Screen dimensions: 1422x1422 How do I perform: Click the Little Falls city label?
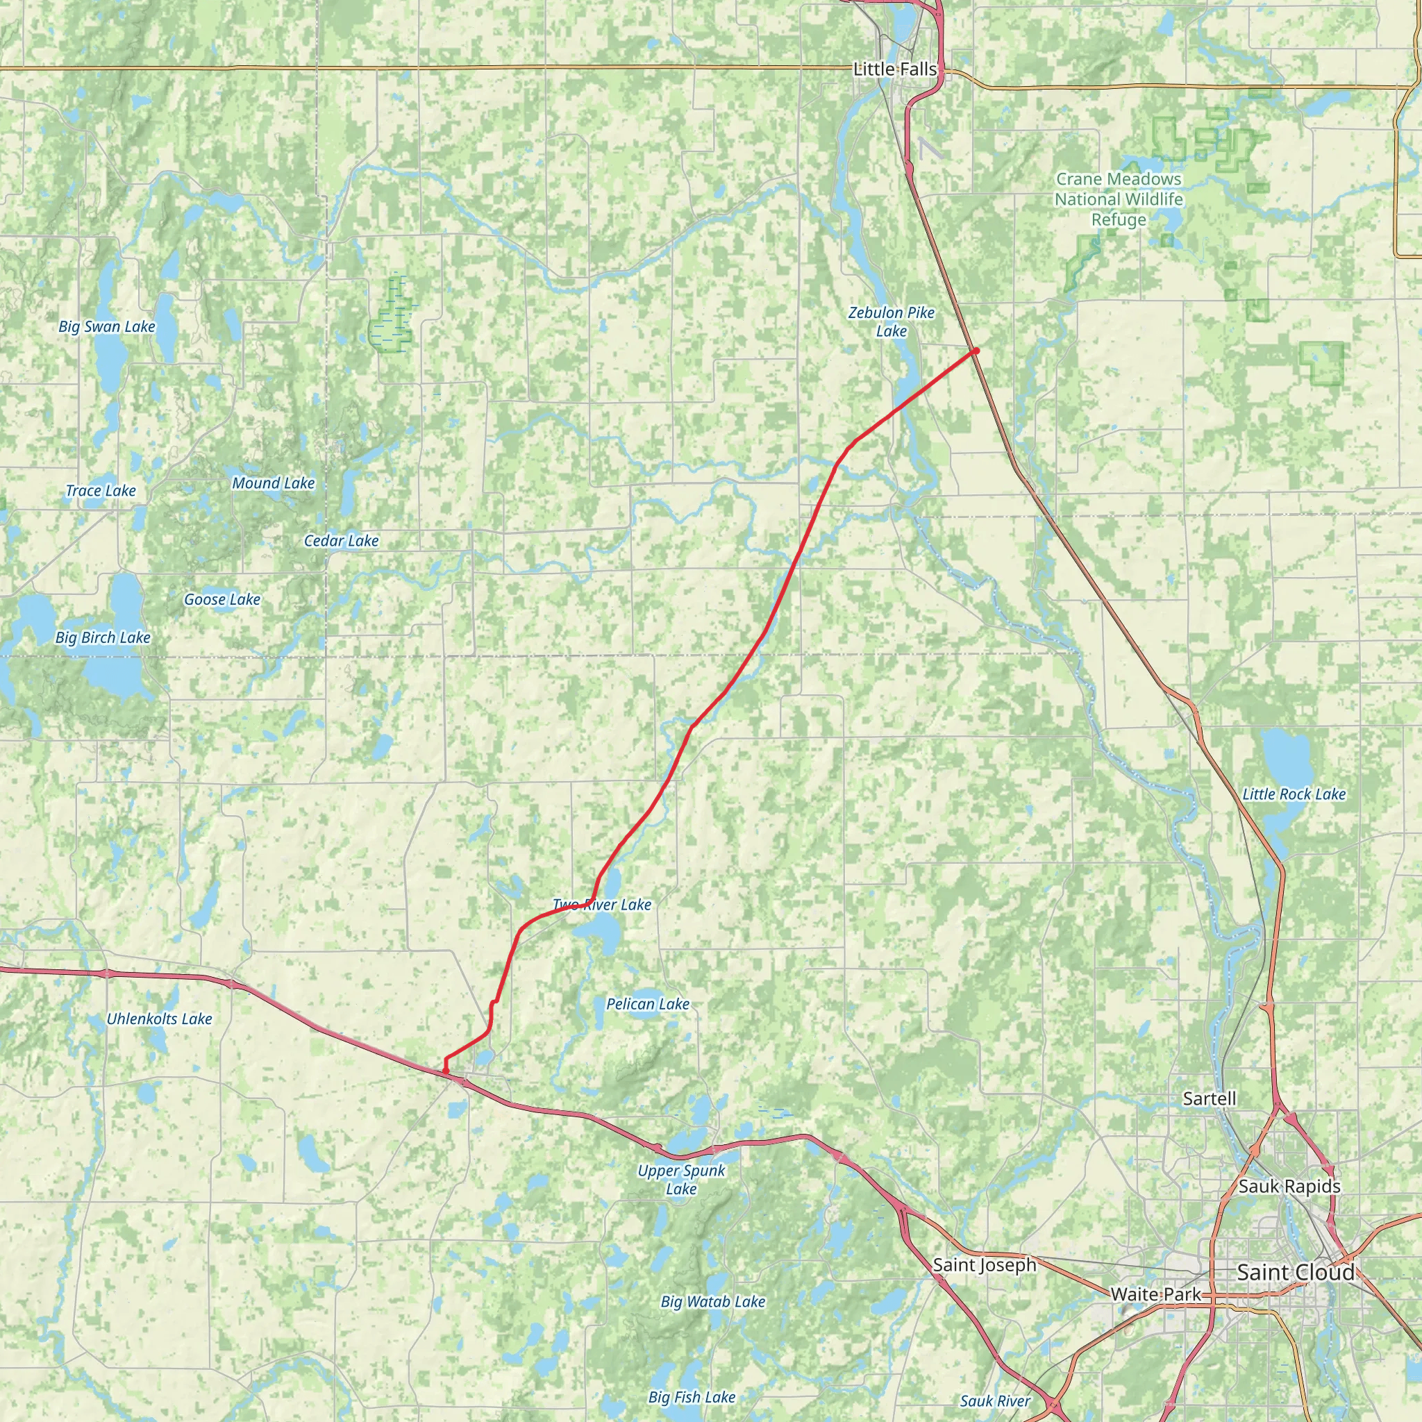click(x=895, y=69)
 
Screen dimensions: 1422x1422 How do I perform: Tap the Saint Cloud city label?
click(x=1296, y=1272)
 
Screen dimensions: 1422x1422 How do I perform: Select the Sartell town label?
click(x=1210, y=1098)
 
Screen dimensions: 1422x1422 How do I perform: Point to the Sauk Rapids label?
click(x=1289, y=1186)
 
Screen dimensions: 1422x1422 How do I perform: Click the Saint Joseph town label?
click(x=984, y=1264)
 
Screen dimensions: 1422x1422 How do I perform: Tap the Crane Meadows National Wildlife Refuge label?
click(x=1119, y=199)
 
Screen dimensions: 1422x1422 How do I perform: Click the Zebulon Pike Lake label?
click(x=892, y=321)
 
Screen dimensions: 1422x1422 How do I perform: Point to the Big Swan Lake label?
click(x=107, y=326)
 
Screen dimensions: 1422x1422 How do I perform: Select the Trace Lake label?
click(x=101, y=490)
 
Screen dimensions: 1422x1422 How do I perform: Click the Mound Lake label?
click(x=273, y=483)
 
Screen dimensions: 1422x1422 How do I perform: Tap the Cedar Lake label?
click(x=342, y=540)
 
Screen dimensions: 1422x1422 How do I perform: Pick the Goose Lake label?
click(x=222, y=599)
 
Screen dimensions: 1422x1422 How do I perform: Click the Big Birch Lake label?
click(x=103, y=637)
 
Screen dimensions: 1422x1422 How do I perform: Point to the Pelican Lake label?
click(x=648, y=1003)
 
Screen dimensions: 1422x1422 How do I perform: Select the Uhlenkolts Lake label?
click(x=159, y=1019)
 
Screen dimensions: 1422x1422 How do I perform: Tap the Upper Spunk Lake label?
click(x=682, y=1179)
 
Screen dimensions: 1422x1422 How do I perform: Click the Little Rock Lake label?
click(x=1294, y=794)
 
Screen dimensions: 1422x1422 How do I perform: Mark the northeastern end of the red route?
click(x=976, y=351)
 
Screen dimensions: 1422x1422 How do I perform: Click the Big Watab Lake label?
click(x=712, y=1301)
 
